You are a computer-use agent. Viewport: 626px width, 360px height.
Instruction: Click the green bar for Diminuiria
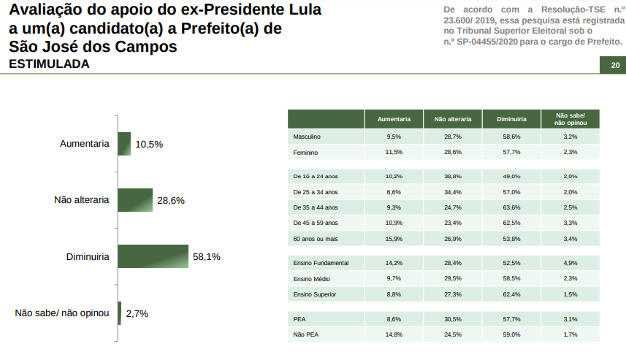(x=153, y=256)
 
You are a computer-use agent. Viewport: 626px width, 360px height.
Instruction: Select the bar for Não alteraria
(x=135, y=200)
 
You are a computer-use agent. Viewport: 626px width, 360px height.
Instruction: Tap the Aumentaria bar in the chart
(x=124, y=144)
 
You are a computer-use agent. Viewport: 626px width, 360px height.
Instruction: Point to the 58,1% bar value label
(x=206, y=257)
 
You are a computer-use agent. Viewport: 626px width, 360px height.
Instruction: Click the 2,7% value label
(x=137, y=313)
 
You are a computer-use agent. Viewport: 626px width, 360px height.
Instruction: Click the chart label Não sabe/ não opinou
(x=62, y=313)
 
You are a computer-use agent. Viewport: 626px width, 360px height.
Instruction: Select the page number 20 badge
(x=614, y=66)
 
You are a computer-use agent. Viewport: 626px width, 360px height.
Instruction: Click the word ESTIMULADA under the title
(x=49, y=64)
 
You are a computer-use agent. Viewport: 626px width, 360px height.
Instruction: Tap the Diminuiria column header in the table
(x=511, y=119)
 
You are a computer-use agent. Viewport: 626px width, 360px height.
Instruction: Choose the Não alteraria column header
(x=453, y=119)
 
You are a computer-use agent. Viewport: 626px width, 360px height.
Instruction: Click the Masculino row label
(x=307, y=137)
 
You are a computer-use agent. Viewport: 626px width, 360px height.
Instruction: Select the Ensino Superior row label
(x=315, y=294)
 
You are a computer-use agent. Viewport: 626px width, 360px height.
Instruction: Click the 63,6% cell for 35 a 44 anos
(x=511, y=207)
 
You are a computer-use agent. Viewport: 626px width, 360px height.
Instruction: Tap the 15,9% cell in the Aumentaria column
(x=394, y=239)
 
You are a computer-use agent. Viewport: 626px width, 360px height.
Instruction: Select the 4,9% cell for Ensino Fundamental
(x=570, y=262)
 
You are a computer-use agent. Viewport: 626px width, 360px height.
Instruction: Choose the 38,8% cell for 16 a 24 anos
(x=453, y=176)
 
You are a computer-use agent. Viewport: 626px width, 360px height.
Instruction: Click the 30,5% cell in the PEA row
(x=453, y=319)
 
